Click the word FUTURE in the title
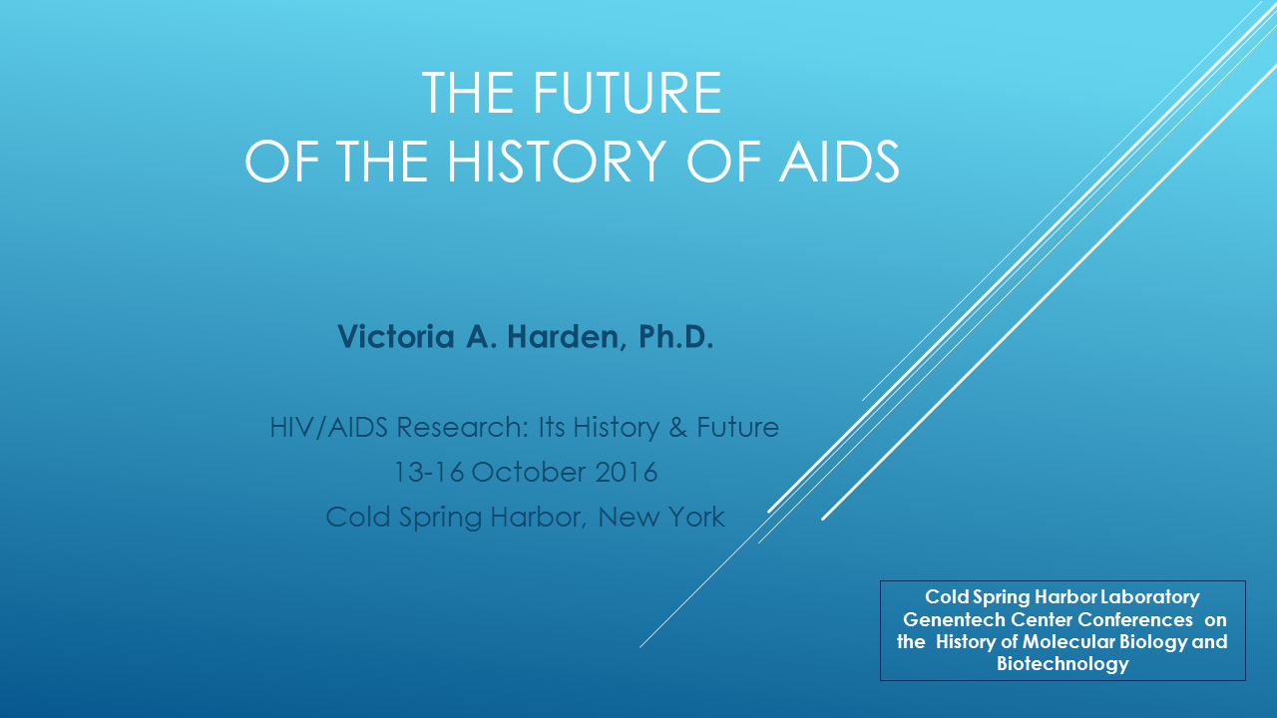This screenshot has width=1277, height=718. tap(628, 93)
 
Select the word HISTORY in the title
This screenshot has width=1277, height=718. tap(557, 162)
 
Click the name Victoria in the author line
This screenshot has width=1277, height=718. tap(396, 336)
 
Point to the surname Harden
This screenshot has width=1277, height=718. tap(564, 337)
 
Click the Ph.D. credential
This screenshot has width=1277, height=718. tap(675, 336)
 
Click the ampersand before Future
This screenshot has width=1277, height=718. tap(677, 428)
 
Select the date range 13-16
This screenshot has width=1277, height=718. tap(429, 473)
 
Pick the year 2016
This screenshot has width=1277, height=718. tap(626, 473)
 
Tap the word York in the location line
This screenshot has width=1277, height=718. tap(696, 518)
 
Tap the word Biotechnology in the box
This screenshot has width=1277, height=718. tap(1063, 664)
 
